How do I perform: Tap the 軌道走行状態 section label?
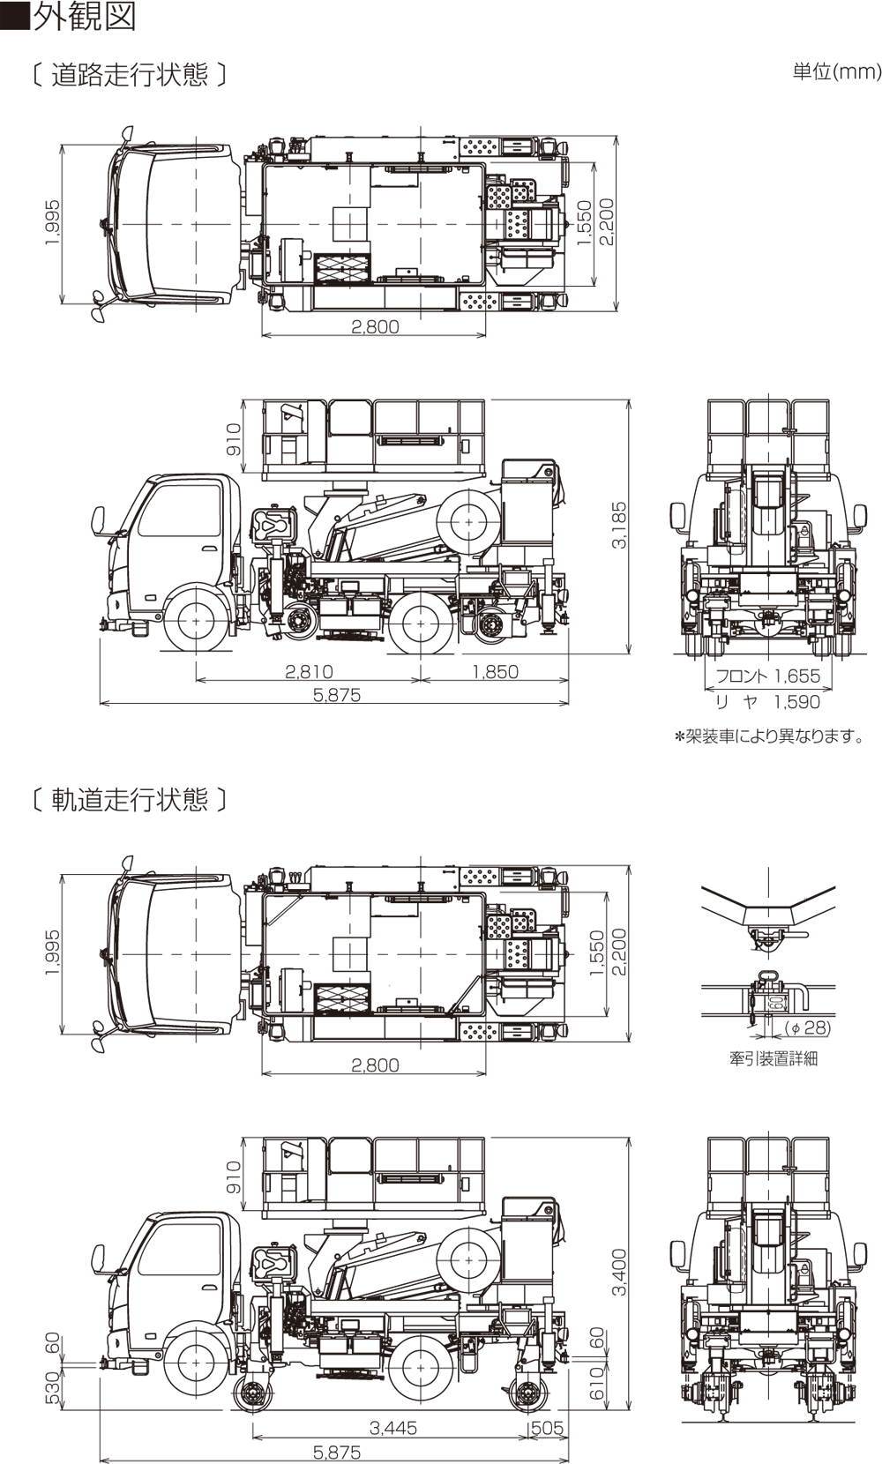(x=129, y=800)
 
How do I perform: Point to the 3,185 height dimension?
(x=619, y=526)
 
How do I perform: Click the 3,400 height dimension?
(x=619, y=1273)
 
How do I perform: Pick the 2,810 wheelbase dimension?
(x=309, y=672)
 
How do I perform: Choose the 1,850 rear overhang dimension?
(x=495, y=672)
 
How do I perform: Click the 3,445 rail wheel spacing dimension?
(x=393, y=1427)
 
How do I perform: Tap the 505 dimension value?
(x=547, y=1427)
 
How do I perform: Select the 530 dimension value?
(x=52, y=1387)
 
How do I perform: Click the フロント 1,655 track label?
(x=767, y=676)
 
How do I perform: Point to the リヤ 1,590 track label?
(x=767, y=702)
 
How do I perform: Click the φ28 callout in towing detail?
(x=808, y=1028)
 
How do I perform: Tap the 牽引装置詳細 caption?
(x=773, y=1058)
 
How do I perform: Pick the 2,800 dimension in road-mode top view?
(x=375, y=326)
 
